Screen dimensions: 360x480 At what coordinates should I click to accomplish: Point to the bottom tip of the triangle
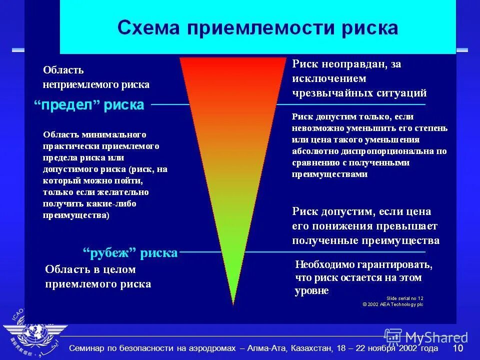point(233,303)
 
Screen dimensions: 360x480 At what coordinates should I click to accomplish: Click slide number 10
point(458,348)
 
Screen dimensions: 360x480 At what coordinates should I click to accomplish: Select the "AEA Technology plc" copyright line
point(393,303)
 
